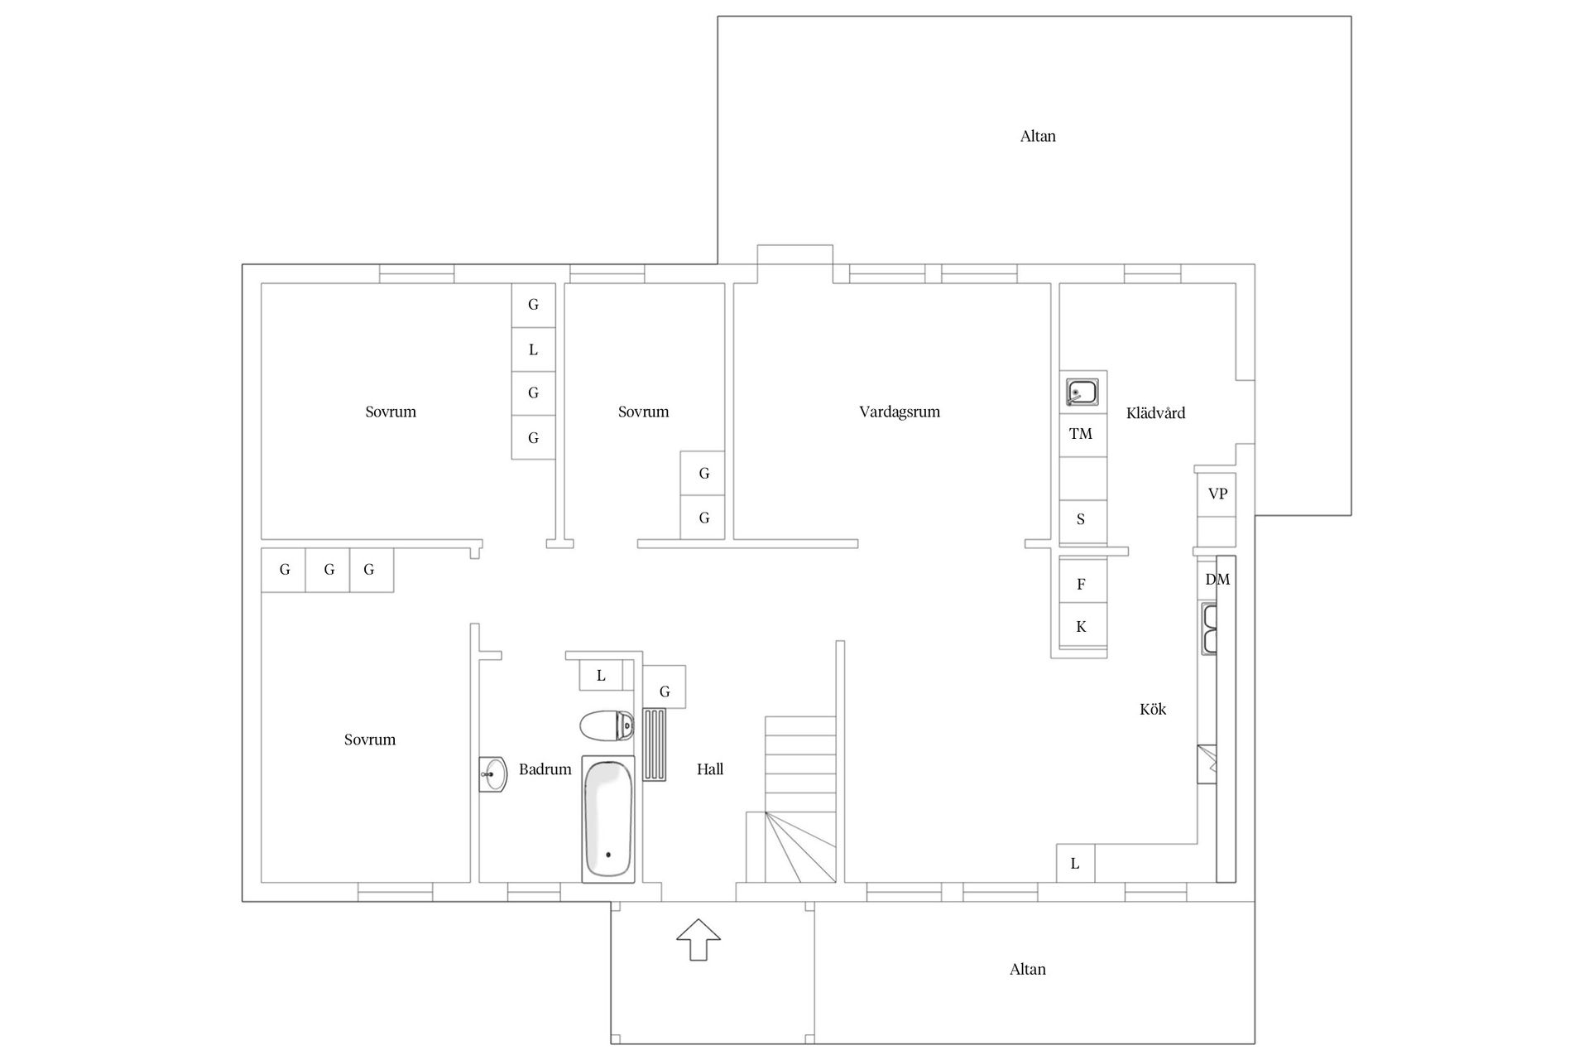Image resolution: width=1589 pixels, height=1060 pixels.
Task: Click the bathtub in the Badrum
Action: tap(608, 818)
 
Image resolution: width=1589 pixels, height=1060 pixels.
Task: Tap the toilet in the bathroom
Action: tap(607, 726)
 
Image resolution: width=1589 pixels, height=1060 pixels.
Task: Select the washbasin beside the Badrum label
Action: tap(492, 775)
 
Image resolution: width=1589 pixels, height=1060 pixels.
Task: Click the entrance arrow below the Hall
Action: tap(698, 939)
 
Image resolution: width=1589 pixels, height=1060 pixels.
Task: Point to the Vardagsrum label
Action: tap(900, 412)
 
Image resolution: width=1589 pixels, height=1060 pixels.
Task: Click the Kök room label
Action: tap(1153, 709)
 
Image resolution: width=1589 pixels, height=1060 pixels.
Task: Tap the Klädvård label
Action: tap(1155, 412)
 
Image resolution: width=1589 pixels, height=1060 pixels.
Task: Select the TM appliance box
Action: tap(1081, 434)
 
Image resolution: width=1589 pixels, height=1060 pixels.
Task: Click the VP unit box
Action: tap(1217, 494)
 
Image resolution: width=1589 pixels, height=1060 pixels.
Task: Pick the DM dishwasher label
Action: tap(1217, 580)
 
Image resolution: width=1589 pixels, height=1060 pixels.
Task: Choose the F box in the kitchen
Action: tap(1081, 585)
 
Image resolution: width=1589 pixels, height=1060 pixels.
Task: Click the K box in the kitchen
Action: tap(1081, 628)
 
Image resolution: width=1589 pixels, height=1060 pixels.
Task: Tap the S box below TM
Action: tap(1081, 520)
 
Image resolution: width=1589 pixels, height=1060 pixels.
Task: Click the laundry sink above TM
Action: tap(1082, 393)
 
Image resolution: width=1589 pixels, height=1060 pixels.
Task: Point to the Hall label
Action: tap(710, 769)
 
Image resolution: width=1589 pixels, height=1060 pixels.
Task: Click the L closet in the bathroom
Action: tap(601, 676)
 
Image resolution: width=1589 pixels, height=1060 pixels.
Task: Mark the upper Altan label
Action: tap(1038, 136)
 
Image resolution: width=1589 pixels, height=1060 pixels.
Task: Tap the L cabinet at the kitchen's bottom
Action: tap(1075, 864)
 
